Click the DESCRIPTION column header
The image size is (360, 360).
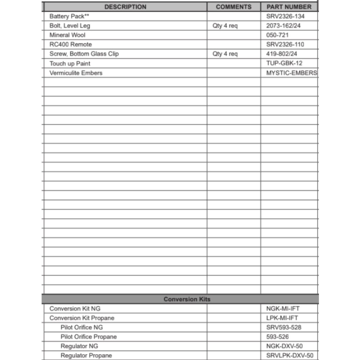(x=125, y=7)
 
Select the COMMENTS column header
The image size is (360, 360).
(x=234, y=7)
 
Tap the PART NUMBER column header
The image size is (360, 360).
(x=289, y=7)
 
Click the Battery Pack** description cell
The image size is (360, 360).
(x=69, y=16)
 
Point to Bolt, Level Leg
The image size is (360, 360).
(x=70, y=26)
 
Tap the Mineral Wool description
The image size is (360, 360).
(x=67, y=35)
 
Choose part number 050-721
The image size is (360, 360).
(x=277, y=35)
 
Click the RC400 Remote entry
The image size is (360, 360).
(x=71, y=44)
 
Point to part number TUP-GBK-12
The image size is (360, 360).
(x=284, y=63)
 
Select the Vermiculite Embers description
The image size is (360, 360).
(x=76, y=73)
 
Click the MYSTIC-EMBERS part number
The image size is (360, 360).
(x=292, y=73)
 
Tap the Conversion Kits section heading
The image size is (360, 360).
(x=187, y=299)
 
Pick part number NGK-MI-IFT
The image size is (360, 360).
(x=283, y=309)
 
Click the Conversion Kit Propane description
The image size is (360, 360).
(x=82, y=318)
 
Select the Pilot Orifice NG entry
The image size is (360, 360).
(x=81, y=327)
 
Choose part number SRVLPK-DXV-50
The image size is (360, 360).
(x=290, y=355)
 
